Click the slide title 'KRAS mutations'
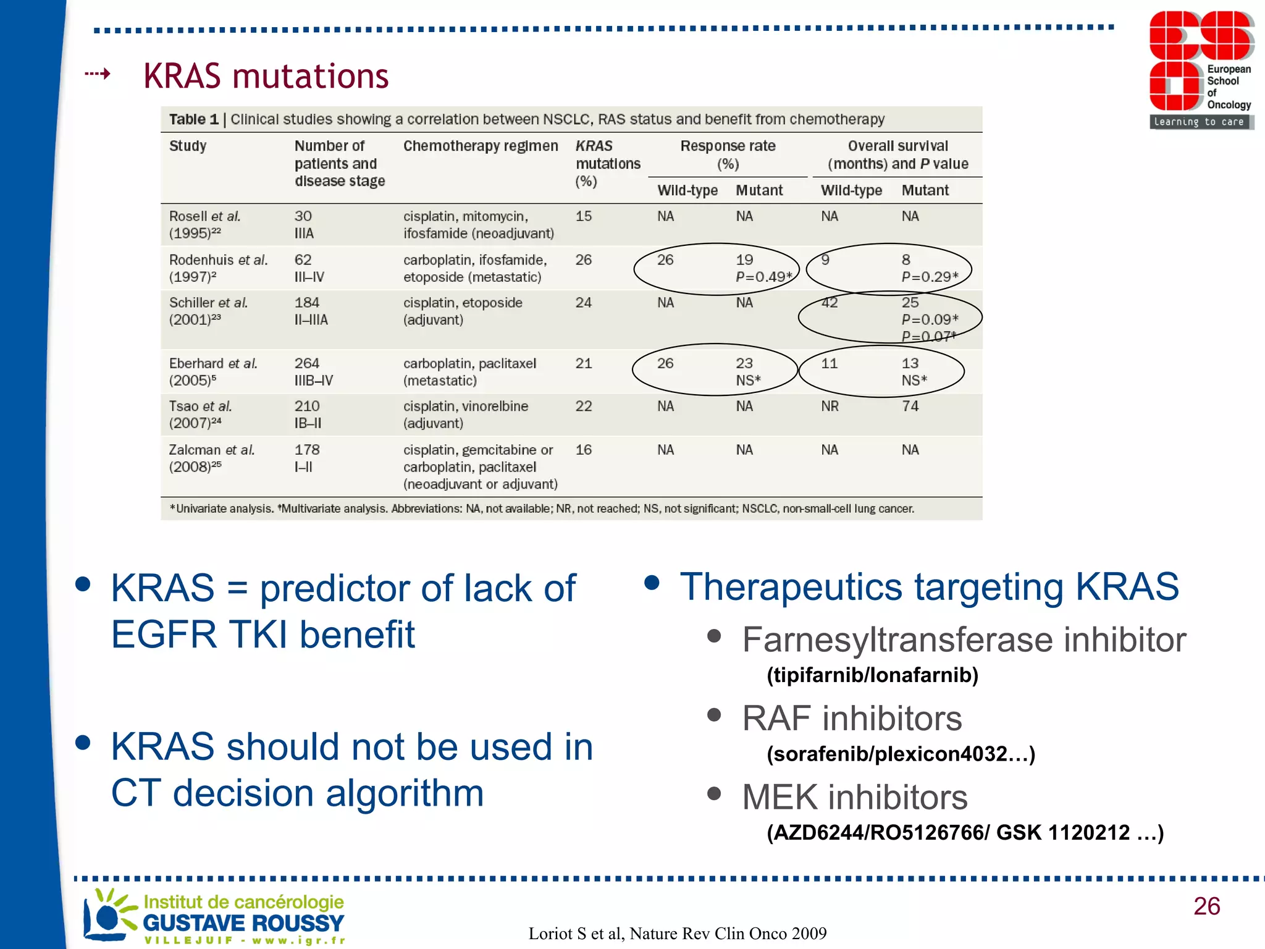pos(266,76)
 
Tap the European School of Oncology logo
pos(1201,70)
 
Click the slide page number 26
pos(1206,906)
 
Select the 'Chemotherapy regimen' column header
pos(480,146)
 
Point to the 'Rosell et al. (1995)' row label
pos(204,224)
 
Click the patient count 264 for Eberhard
pos(306,363)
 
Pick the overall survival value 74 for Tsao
pos(910,406)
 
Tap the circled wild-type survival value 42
pos(829,303)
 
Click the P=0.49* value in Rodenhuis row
pos(763,277)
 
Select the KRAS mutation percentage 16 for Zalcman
pos(583,450)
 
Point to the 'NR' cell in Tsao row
pos(830,406)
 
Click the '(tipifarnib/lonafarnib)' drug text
pos(872,675)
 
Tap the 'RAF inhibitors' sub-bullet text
pos(852,718)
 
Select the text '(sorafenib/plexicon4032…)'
pos(901,754)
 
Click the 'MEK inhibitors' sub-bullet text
pos(854,797)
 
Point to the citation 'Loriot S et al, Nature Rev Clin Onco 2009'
pos(677,933)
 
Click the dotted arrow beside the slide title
pos(98,75)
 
